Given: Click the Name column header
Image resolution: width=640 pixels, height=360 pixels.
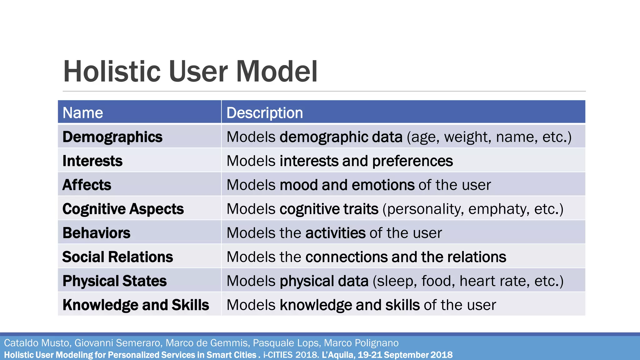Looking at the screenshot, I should pyautogui.click(x=83, y=112).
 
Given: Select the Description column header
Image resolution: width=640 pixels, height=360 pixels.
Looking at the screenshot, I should pyautogui.click(x=264, y=112).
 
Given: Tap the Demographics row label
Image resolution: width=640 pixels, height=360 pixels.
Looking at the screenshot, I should pyautogui.click(x=112, y=137).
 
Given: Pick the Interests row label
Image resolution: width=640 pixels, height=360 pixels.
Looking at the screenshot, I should pyautogui.click(x=92, y=161).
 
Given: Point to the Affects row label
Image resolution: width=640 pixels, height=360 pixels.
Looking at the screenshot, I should pyautogui.click(x=87, y=185).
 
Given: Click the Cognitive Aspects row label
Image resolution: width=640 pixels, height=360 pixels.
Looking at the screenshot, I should pyautogui.click(x=123, y=209).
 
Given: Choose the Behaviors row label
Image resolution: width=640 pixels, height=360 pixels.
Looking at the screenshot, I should pyautogui.click(x=96, y=233).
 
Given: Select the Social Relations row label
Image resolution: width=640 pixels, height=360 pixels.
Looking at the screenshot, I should pyautogui.click(x=117, y=257).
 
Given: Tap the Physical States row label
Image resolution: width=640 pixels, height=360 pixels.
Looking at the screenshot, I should pyautogui.click(x=114, y=281).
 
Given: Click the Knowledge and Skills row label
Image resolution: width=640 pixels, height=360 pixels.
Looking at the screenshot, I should pyautogui.click(x=136, y=305).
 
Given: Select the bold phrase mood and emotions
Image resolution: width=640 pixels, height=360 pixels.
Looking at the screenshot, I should pyautogui.click(x=347, y=185).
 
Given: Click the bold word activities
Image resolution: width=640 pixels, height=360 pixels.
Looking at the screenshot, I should pyautogui.click(x=335, y=233).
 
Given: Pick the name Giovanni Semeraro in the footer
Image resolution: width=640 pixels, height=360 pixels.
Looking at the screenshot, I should pyautogui.click(x=118, y=343).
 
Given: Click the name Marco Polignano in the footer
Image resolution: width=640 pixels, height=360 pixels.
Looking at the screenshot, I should pyautogui.click(x=361, y=343).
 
